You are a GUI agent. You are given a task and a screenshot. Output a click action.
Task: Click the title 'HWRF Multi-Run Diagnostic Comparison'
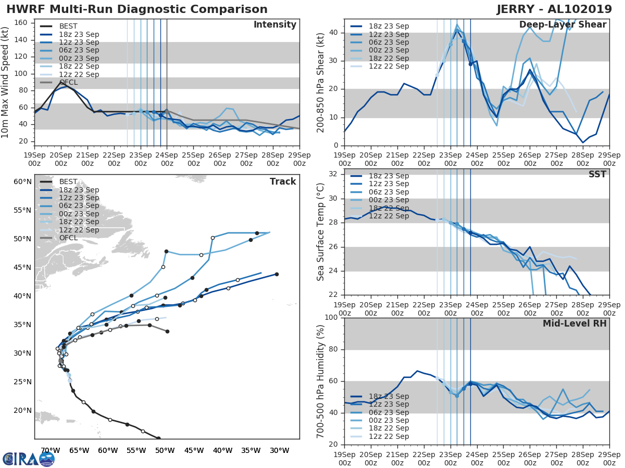(137, 9)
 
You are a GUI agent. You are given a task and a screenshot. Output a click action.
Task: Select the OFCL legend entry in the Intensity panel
(71, 82)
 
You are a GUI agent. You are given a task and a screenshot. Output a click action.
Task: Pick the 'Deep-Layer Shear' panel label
(562, 25)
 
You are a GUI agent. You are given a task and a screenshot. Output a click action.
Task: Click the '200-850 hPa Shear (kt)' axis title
(321, 82)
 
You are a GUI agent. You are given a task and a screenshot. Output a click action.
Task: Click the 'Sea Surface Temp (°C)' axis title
(321, 232)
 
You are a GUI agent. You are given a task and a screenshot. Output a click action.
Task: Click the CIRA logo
(29, 459)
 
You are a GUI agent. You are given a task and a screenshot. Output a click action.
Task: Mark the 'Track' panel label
(282, 181)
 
